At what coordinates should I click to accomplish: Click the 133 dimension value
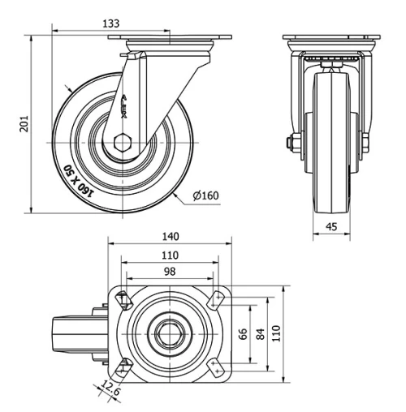point(112,24)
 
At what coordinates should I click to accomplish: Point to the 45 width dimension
point(331,227)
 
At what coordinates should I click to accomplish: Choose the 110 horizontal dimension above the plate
point(169,255)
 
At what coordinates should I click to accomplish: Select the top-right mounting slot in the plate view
point(215,299)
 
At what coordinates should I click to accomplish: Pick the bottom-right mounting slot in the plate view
point(215,367)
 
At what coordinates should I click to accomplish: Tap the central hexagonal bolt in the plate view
point(169,333)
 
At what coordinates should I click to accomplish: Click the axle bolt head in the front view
point(290,144)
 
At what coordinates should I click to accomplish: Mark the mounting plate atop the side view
point(169,41)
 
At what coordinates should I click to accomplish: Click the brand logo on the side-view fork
point(124,105)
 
